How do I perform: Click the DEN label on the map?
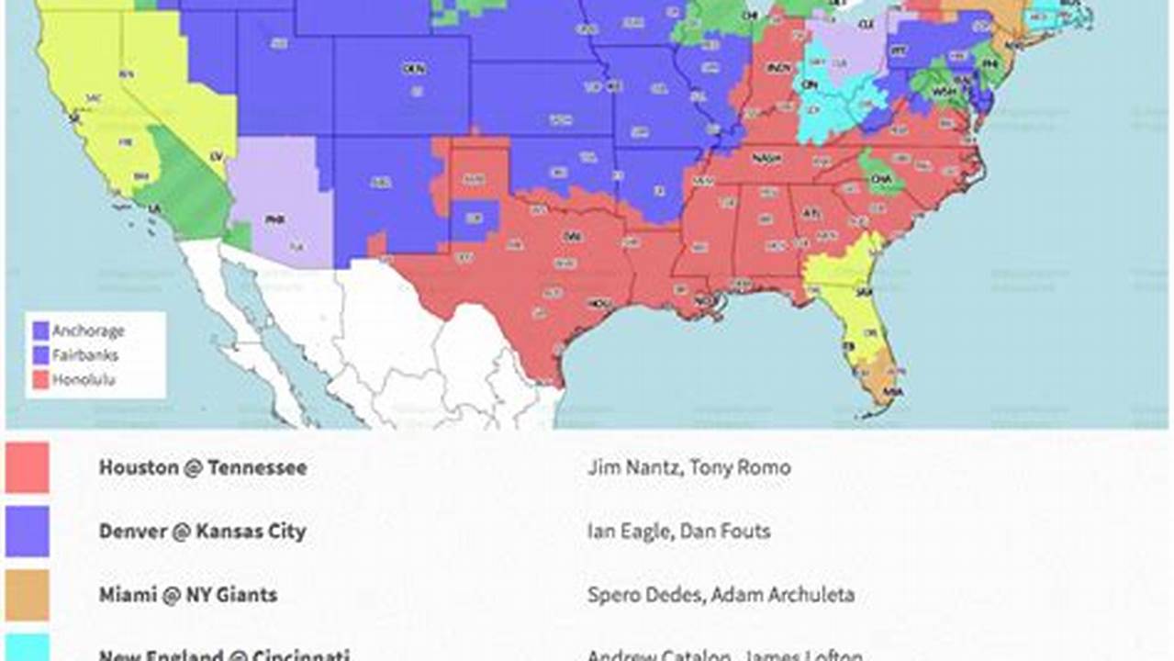[414, 69]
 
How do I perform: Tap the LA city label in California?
[154, 209]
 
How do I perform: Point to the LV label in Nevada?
[217, 157]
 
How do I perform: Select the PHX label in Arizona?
[274, 220]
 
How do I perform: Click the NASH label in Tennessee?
[761, 158]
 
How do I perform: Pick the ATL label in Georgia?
[811, 213]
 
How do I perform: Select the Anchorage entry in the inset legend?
[87, 330]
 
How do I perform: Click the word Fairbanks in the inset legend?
[84, 354]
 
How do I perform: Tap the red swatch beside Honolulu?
[40, 379]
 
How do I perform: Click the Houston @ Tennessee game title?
[203, 467]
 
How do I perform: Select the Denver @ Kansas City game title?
[202, 532]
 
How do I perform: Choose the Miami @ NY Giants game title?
[187, 595]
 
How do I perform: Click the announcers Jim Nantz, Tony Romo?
[688, 467]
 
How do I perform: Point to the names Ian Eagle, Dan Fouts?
[678, 532]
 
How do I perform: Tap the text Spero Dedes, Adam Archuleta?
[721, 595]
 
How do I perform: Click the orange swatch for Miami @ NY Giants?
[28, 595]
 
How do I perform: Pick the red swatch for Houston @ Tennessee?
[28, 467]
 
